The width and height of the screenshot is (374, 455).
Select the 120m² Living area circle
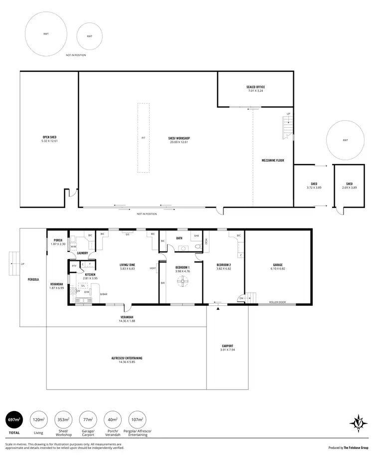coord(38,420)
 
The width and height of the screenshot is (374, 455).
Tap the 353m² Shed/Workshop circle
coord(63,420)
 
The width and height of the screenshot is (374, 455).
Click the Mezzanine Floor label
coord(273,161)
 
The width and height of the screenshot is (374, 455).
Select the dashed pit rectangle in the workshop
coord(143,138)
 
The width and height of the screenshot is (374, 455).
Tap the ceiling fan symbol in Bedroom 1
coord(182,283)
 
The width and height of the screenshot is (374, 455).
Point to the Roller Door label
coord(277,302)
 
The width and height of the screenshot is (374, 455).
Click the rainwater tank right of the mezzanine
coord(345,141)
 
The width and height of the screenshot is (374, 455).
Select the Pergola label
coord(34,279)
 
